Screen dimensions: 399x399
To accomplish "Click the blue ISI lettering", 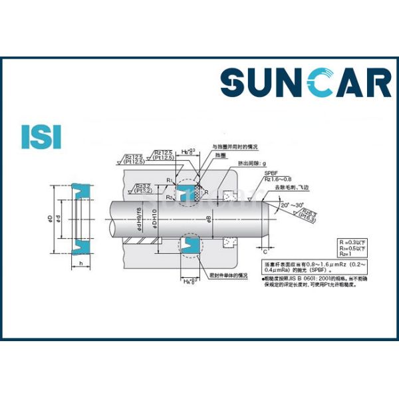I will pyautogui.click(x=41, y=135).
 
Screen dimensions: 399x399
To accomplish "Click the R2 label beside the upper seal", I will pyautogui.click(x=170, y=198).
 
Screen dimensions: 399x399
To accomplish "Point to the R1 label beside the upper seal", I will pyautogui.click(x=170, y=181).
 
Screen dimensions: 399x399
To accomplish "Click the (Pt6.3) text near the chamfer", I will pyautogui.click(x=307, y=217).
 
